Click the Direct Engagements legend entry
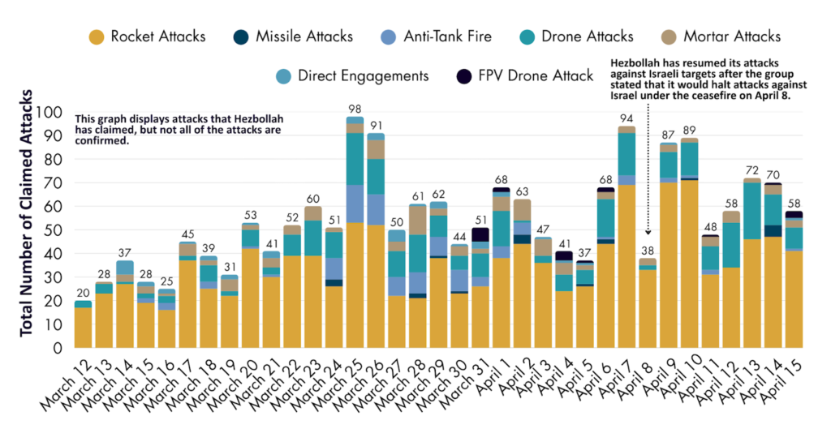pos(351,76)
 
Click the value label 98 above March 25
pos(355,109)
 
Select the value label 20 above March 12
pos(83,293)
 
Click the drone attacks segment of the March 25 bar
pos(355,159)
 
